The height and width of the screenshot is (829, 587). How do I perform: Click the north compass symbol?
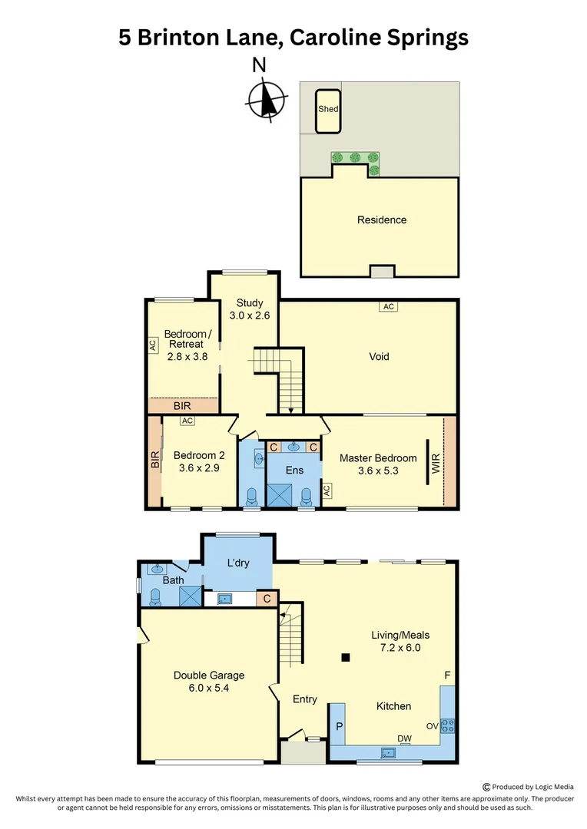[267, 99]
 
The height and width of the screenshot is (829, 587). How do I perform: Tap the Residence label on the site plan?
[381, 220]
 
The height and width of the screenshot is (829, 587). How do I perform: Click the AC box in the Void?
[388, 307]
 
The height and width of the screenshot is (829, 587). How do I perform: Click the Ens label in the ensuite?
[294, 471]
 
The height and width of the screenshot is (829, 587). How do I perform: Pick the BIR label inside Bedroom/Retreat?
[183, 405]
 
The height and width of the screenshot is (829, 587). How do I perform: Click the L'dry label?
[238, 564]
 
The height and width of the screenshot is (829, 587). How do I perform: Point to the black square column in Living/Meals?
[346, 657]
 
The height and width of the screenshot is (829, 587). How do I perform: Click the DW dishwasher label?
[404, 738]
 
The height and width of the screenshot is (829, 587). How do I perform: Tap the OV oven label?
[432, 725]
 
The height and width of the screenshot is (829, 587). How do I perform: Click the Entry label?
[304, 699]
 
